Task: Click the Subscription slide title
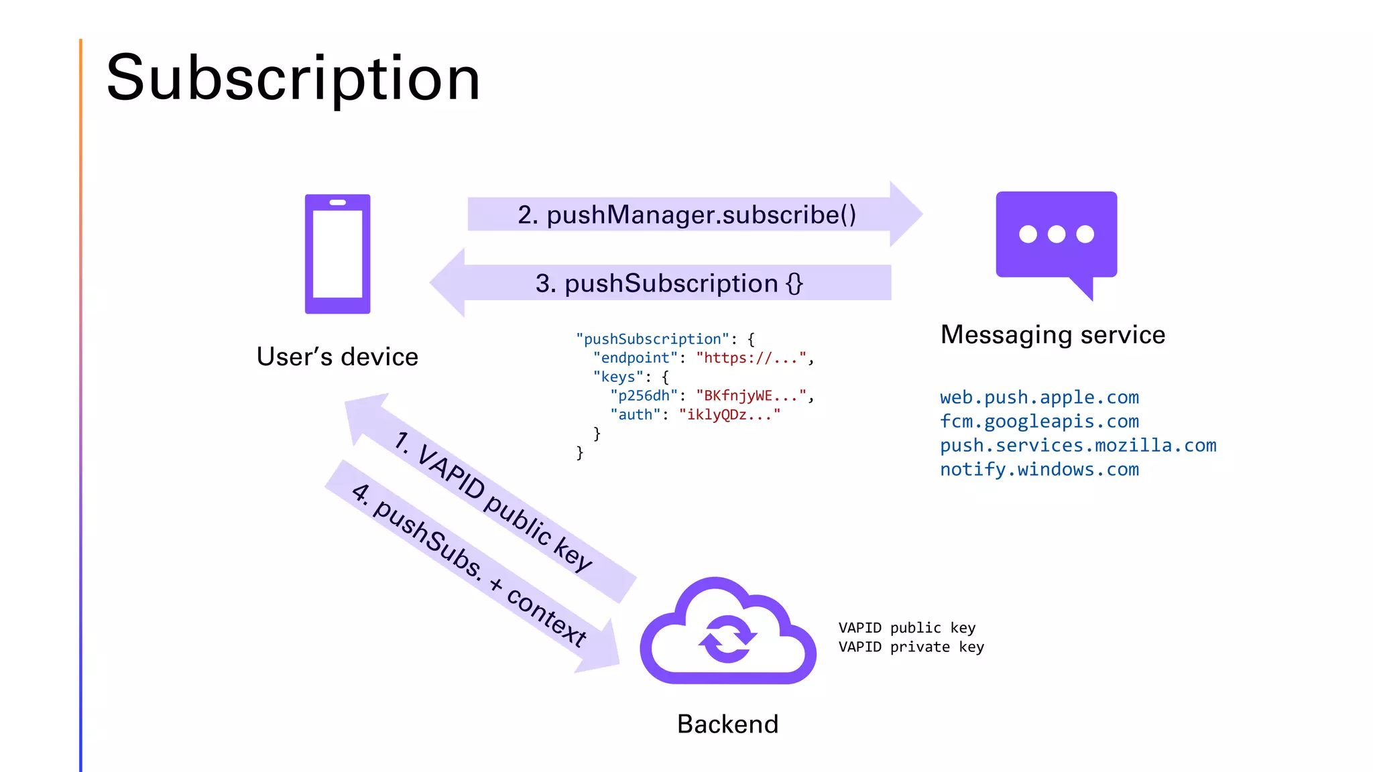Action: (293, 78)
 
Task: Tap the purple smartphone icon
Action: (337, 254)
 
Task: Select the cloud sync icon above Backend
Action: (728, 633)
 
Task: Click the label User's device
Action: (337, 357)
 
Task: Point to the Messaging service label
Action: (1053, 334)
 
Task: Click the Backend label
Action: (727, 724)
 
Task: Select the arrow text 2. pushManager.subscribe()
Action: (686, 214)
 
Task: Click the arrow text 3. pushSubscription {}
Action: (668, 283)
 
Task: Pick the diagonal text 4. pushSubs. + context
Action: (469, 564)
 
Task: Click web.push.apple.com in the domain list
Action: (1039, 397)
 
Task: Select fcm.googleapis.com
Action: (1039, 422)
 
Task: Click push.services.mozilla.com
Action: (1077, 446)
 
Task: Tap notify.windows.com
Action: (1039, 470)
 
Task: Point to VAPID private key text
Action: (910, 647)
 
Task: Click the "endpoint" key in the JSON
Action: (635, 358)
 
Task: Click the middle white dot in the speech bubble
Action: (1057, 234)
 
